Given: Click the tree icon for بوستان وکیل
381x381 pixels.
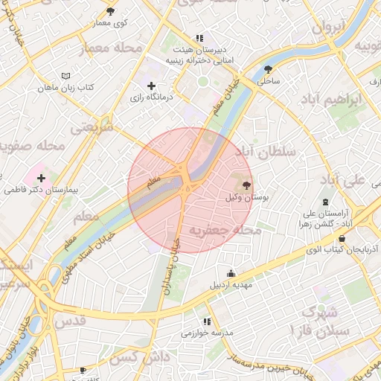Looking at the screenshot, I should pos(246,185).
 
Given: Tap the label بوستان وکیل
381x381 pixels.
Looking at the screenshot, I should pos(246,199).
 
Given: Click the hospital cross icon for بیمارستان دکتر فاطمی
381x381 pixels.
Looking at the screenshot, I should pos(40,179).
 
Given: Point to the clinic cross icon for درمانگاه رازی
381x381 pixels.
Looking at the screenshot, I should pos(152,86).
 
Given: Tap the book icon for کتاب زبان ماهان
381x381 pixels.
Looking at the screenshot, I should pos(66,76).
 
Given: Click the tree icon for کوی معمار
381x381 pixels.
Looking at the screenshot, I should pos(111,11).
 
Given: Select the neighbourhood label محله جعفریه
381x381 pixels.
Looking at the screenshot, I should pos(225,230).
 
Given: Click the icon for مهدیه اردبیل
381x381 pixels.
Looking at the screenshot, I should pos(231,272).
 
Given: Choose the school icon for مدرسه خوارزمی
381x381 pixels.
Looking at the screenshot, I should pos(208,321).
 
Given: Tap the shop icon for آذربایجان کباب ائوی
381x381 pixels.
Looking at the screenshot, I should pos(342,239).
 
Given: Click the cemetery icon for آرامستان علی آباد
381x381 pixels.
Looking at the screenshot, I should pos(325,202).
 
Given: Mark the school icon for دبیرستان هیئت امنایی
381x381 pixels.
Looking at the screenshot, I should pos(199,37).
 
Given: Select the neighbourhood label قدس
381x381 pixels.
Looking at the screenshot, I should pos(72,320).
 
